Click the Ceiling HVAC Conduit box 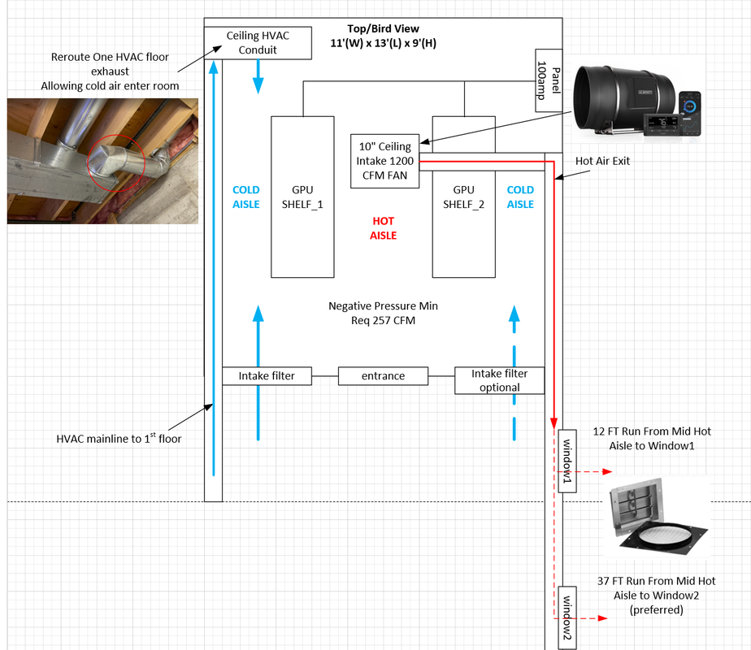coord(258,43)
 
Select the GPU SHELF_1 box coord(302,197)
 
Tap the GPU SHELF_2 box coord(463,197)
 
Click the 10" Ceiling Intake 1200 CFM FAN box coord(384,160)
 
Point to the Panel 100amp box coord(545,82)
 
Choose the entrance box coord(383,376)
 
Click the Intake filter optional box coord(499,380)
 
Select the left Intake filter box coord(267,376)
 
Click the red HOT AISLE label coord(383,227)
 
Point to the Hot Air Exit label coord(602,161)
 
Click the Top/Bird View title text coord(384,29)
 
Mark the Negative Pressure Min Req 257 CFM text coord(382,313)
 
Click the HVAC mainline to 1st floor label coord(118,439)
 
